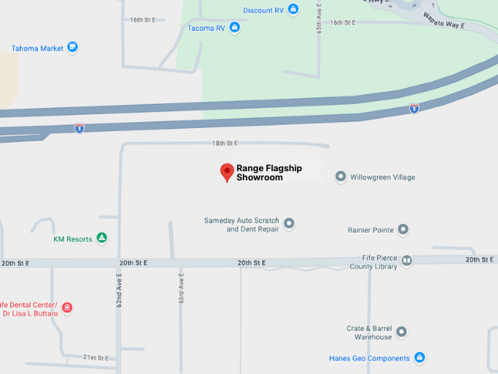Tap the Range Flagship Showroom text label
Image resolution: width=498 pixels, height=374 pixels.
(x=269, y=172)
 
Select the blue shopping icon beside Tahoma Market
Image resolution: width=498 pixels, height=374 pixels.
(x=72, y=47)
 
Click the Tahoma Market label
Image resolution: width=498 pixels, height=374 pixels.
(x=37, y=47)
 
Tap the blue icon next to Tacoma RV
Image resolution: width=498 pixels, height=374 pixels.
(x=234, y=27)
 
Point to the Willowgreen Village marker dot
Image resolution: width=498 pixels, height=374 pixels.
(x=340, y=177)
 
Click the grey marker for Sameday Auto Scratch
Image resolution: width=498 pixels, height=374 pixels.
(x=290, y=223)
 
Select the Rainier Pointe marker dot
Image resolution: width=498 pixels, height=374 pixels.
(x=403, y=229)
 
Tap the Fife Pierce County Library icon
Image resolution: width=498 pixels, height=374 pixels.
(x=407, y=261)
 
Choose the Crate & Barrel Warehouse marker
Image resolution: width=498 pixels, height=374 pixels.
(x=402, y=332)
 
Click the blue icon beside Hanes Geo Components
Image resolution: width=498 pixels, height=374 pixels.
(x=420, y=358)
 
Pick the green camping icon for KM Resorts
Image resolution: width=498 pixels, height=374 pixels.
(x=102, y=239)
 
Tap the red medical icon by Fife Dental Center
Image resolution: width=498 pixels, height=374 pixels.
(x=67, y=308)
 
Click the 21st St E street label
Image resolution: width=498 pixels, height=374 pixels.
(x=95, y=357)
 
